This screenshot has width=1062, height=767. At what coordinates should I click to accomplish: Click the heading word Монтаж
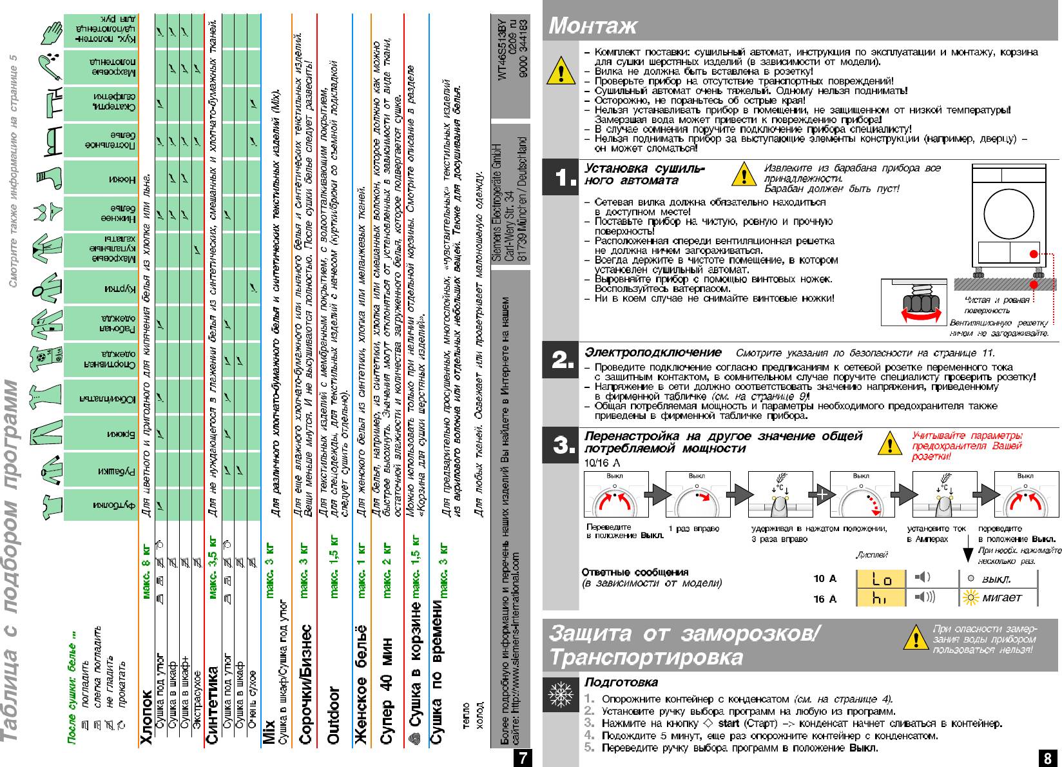(592, 26)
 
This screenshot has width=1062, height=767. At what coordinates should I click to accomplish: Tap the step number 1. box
(559, 178)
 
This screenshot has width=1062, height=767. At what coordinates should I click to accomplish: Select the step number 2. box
(559, 361)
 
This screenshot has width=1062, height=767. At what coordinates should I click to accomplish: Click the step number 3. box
(559, 445)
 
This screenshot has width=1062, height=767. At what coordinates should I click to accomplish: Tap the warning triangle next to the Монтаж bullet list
(561, 72)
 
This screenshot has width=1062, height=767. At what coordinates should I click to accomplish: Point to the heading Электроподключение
(653, 353)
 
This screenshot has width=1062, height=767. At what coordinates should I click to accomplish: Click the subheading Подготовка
(621, 682)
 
